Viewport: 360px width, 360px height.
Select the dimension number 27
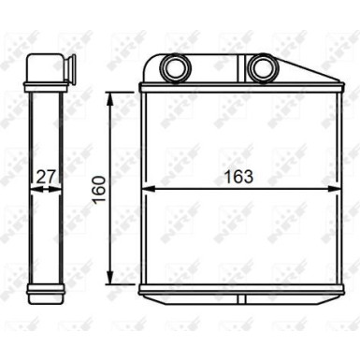44,175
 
